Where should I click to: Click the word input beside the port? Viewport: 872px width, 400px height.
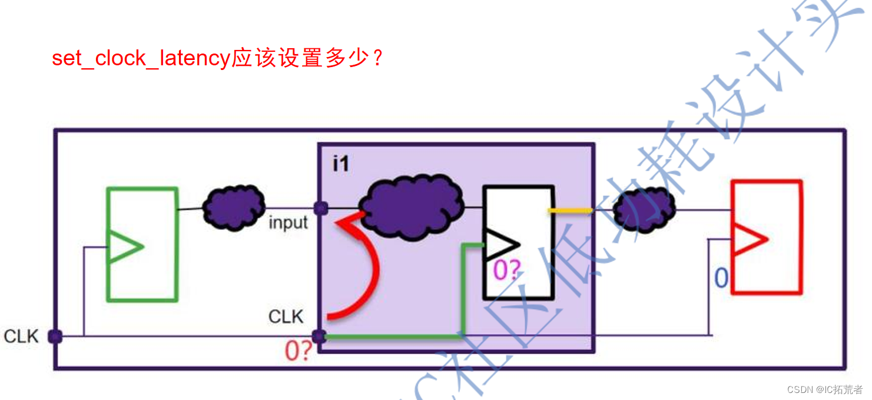pyautogui.click(x=288, y=223)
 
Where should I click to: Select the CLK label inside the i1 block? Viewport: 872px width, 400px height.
pyautogui.click(x=286, y=317)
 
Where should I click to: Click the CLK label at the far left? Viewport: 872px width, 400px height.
pyautogui.click(x=21, y=336)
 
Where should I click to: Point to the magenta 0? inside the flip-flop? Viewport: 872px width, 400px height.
pyautogui.click(x=507, y=270)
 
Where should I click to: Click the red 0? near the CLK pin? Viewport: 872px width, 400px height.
pyautogui.click(x=298, y=351)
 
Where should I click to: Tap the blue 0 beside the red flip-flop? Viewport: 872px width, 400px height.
pyautogui.click(x=721, y=278)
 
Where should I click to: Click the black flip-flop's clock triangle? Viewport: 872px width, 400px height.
pyautogui.click(x=500, y=243)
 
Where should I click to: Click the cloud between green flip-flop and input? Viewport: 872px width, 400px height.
pyautogui.click(x=233, y=208)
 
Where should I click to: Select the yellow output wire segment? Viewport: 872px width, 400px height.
pyautogui.click(x=570, y=210)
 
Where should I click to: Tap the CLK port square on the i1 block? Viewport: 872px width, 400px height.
pyautogui.click(x=319, y=336)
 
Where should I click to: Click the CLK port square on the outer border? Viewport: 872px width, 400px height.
pyautogui.click(x=55, y=336)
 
